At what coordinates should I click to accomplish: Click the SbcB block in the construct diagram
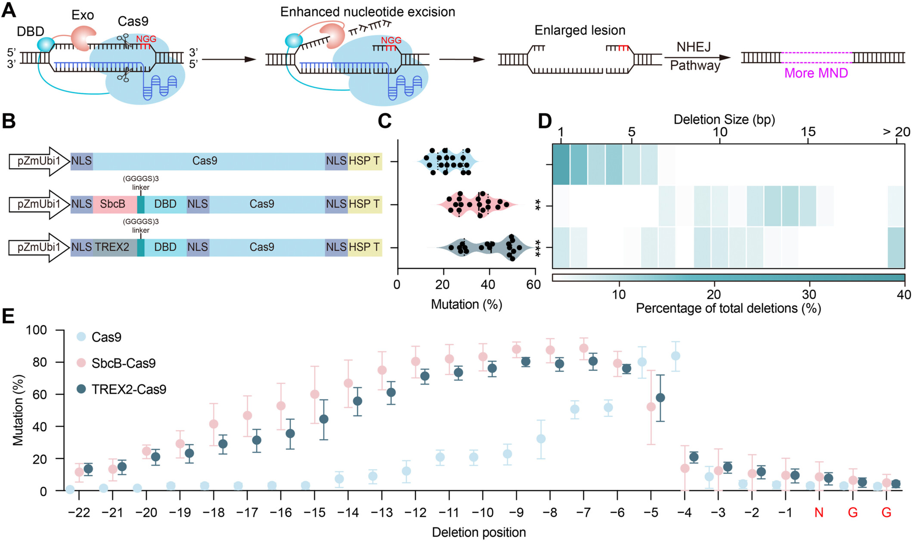113,204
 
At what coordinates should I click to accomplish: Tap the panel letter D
545,121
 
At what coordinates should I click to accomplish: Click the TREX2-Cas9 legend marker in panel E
81,389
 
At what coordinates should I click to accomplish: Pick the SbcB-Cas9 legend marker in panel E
81,363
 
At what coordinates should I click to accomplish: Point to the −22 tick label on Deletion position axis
79,513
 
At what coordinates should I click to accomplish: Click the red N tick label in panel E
819,513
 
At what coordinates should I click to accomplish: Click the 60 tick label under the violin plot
534,285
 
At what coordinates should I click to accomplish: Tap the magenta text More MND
816,73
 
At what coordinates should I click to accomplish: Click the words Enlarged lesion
580,31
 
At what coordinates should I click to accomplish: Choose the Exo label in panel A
82,15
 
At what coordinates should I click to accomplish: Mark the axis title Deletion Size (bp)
724,120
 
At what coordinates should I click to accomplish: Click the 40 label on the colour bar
904,295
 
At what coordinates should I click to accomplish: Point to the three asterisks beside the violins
538,248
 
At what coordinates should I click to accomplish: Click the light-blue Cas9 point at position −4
676,356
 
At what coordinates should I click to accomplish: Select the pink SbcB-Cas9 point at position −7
584,348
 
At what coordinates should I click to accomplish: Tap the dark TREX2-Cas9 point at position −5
660,398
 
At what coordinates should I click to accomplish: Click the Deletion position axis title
479,533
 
